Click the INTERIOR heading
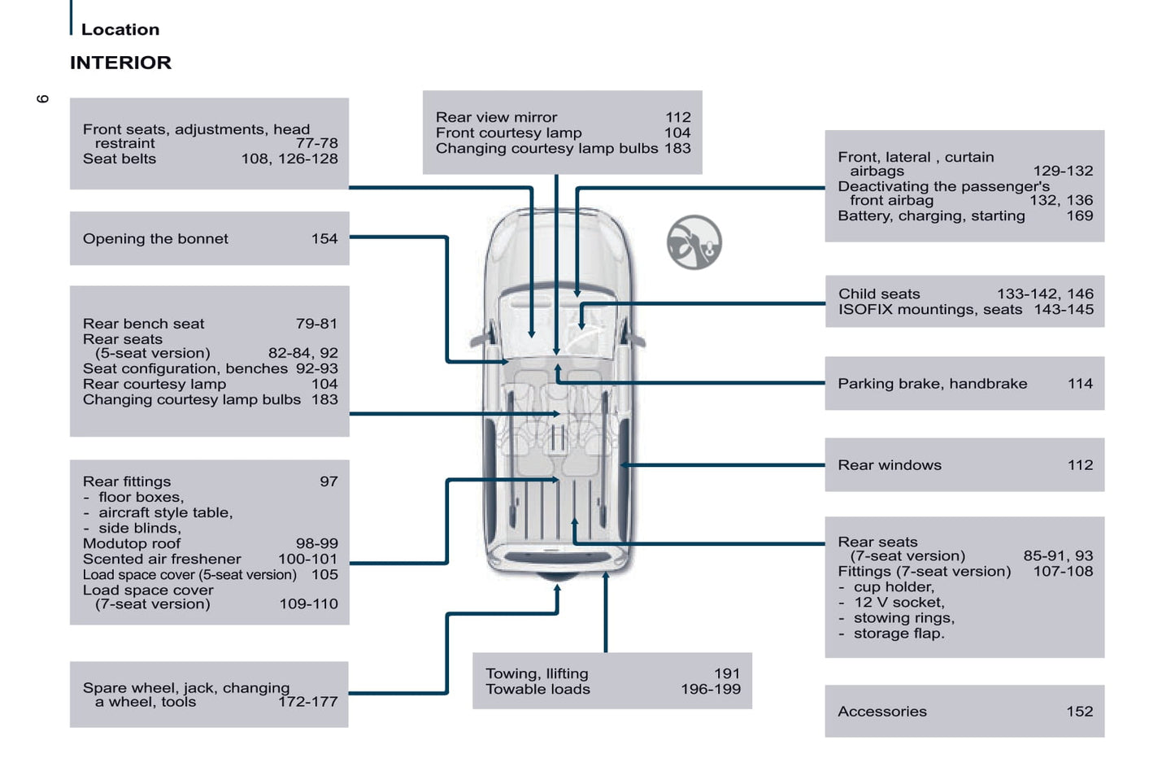point(120,63)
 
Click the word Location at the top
point(120,29)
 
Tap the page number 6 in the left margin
point(42,98)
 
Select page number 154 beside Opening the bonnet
point(324,238)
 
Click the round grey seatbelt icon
point(694,242)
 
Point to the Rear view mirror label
point(496,117)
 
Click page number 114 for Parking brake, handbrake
point(1080,383)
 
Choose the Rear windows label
point(890,464)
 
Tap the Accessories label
point(881,711)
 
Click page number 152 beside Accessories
point(1079,711)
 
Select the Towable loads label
point(537,689)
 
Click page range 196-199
point(710,689)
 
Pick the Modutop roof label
point(132,543)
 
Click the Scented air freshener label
point(162,559)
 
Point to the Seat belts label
point(119,159)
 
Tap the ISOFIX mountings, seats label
point(929,309)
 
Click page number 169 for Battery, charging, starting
point(1079,216)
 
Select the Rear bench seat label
point(143,324)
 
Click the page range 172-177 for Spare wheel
point(307,701)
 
